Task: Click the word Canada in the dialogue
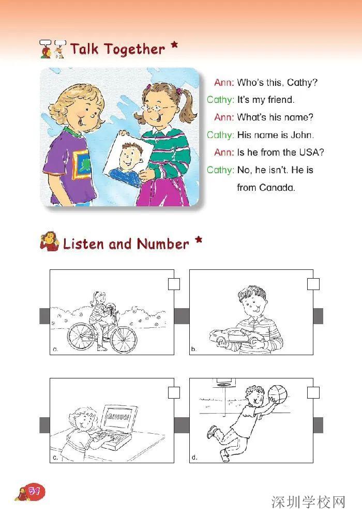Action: coord(277,188)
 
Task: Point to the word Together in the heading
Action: coord(134,50)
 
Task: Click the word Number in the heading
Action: coord(163,244)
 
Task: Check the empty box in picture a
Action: coord(174,284)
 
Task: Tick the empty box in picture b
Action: coord(313,284)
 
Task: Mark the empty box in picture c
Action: coord(174,393)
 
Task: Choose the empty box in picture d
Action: coord(313,393)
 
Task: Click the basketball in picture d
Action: coord(277,394)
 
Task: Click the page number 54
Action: coord(34,491)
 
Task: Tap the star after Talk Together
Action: coord(174,45)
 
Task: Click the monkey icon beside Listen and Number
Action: coord(49,241)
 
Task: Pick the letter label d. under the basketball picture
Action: coord(194,458)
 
